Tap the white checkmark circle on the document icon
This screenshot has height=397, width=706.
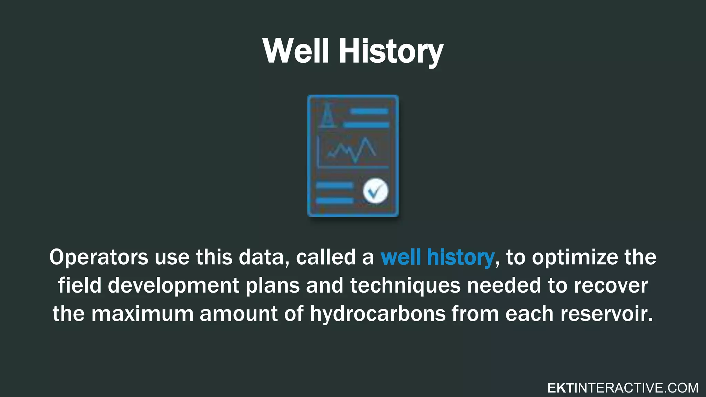pyautogui.click(x=375, y=191)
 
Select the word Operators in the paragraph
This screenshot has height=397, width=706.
pyautogui.click(x=99, y=257)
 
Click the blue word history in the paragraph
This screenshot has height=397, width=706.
pyautogui.click(x=460, y=257)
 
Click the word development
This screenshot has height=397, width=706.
pyautogui.click(x=173, y=286)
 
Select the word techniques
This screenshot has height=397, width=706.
pyautogui.click(x=405, y=286)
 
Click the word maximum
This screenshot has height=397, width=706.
pyautogui.click(x=142, y=314)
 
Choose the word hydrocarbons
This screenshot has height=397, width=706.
pyautogui.click(x=377, y=314)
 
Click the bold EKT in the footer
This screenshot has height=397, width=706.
pyautogui.click(x=560, y=388)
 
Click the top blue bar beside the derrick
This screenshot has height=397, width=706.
pyautogui.click(x=370, y=111)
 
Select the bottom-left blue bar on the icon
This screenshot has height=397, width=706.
pyautogui.click(x=334, y=201)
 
